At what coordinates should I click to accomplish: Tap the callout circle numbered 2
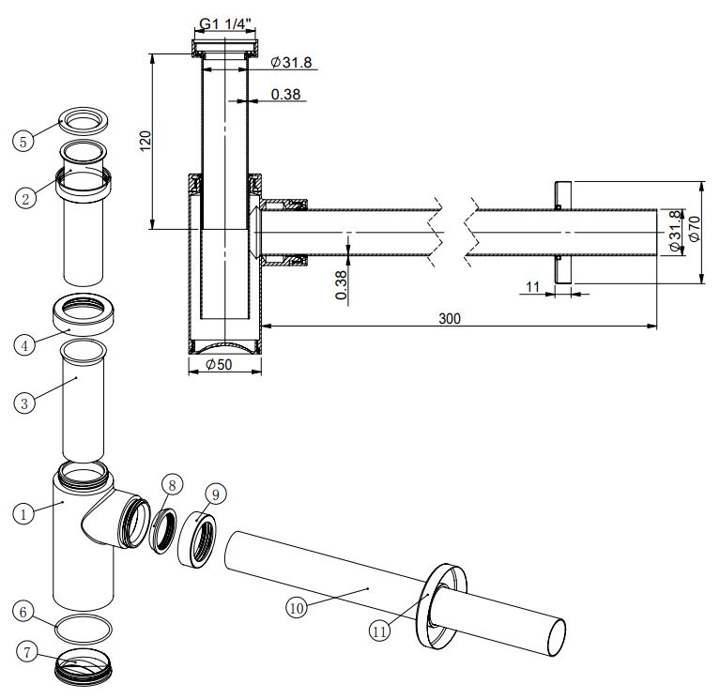(26, 197)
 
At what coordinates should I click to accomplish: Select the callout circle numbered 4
(25, 344)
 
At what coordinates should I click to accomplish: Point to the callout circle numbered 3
(25, 403)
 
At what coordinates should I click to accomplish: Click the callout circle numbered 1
(24, 513)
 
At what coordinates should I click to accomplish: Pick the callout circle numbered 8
(170, 484)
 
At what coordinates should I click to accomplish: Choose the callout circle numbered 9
(215, 493)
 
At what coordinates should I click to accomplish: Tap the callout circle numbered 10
(298, 607)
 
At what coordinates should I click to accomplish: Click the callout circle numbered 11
(379, 631)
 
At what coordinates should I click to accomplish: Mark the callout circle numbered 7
(26, 651)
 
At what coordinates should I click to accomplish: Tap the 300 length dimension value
(450, 318)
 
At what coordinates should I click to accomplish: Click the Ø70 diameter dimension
(694, 229)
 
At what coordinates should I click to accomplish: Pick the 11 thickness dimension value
(533, 286)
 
